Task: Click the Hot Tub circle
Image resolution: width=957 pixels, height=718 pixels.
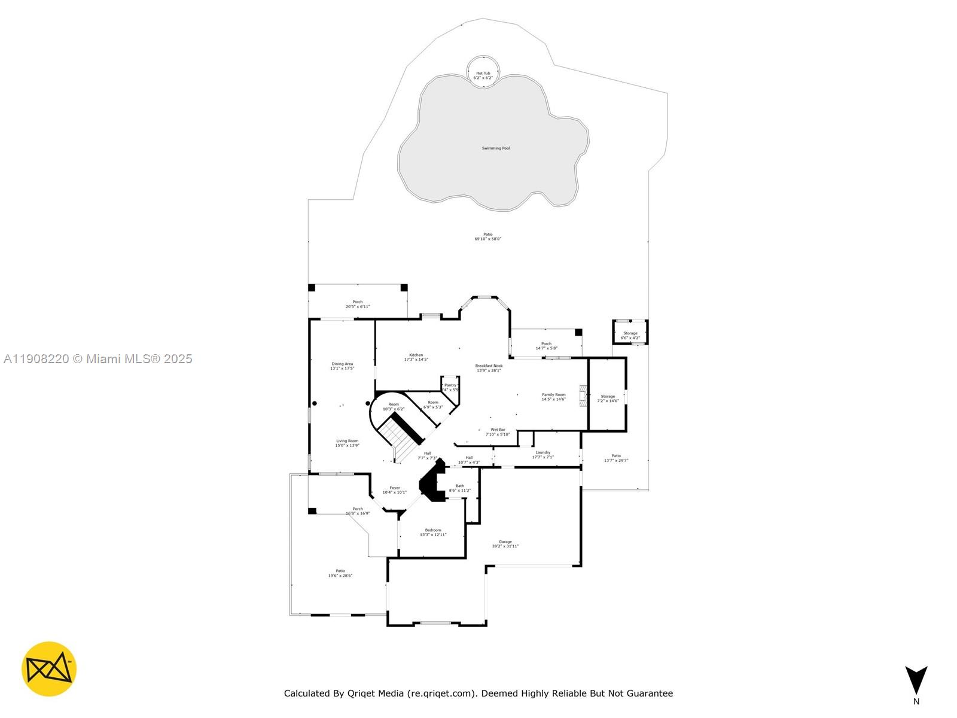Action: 483,72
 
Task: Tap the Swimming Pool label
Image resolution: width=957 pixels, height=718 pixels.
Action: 496,148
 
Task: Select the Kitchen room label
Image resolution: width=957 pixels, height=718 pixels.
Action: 416,357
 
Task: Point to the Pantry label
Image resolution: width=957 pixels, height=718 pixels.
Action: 450,387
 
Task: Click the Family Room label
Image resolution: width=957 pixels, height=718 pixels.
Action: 553,397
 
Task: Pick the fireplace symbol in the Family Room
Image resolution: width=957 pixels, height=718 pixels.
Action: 583,396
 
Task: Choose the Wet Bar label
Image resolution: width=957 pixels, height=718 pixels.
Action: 498,432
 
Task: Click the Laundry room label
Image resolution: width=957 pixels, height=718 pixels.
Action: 542,455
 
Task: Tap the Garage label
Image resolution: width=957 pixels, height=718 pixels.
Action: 505,544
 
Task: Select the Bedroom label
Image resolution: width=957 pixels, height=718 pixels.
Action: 433,532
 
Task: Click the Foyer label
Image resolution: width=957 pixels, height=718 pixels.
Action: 395,490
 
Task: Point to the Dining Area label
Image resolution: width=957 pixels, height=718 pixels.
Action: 342,366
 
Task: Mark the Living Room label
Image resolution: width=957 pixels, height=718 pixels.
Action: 347,443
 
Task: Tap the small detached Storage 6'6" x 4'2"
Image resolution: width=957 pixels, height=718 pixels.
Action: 630,333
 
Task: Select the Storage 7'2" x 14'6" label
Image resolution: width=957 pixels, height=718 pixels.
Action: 608,398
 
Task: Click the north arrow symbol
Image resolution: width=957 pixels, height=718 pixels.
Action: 916,680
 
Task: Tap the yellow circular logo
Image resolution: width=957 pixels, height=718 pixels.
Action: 49,669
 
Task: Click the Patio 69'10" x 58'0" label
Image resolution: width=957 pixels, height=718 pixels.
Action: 488,236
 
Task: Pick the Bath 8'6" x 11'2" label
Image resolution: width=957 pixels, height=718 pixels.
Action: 459,488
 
